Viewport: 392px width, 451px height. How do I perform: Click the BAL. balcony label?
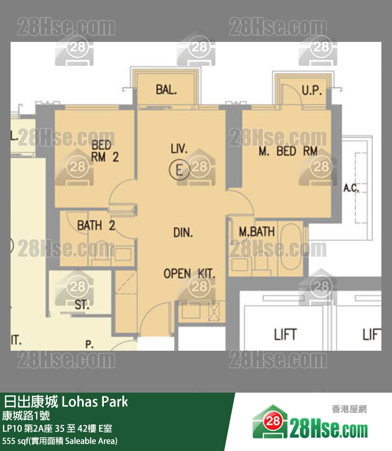[x=166, y=90]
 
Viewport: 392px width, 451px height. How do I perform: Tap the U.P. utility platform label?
[x=311, y=90]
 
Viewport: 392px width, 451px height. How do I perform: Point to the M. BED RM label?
[x=288, y=151]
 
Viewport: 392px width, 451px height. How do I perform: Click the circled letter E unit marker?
[x=179, y=170]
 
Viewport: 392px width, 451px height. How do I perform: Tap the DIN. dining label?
[x=183, y=232]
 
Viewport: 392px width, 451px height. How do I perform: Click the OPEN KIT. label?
[x=189, y=274]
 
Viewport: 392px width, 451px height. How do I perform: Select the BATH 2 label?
[x=96, y=225]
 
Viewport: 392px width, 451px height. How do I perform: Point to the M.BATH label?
[x=256, y=231]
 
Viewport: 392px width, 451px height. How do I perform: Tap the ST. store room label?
[x=82, y=306]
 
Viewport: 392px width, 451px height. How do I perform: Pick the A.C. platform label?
[x=351, y=187]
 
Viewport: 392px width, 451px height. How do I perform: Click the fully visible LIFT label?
[x=285, y=334]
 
